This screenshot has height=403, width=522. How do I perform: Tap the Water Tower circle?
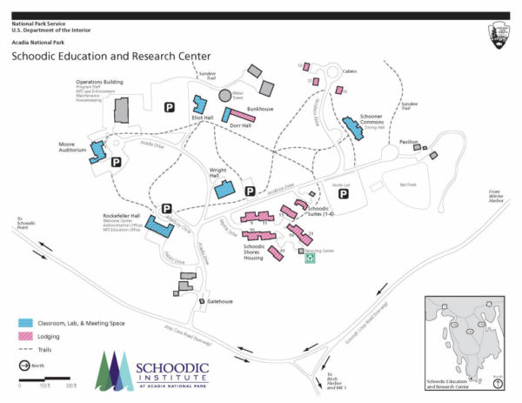(225, 95)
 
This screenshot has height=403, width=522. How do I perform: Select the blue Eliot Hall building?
(199, 108)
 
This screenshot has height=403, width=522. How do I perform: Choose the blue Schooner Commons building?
(352, 128)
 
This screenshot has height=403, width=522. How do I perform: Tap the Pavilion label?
(409, 141)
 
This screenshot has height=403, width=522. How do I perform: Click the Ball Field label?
(405, 185)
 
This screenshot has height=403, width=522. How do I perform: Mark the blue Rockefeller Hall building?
(159, 226)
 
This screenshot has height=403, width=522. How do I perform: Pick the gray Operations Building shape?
(121, 111)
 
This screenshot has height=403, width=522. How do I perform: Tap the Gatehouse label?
(220, 301)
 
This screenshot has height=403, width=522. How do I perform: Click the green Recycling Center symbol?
(308, 258)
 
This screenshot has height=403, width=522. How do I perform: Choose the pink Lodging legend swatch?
(24, 335)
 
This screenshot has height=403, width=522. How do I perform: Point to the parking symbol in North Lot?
(344, 198)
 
